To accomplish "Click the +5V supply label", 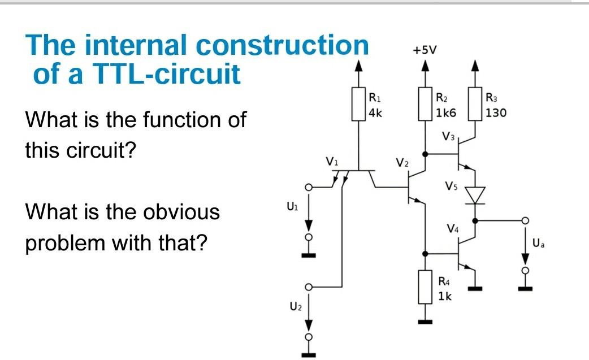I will pos(425,50).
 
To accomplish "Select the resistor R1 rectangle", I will pos(357,103).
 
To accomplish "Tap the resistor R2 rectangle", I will pos(425,103).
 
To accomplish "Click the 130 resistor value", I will pos(496,112).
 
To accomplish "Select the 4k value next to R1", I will pos(375,112).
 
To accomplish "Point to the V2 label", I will pos(401,163).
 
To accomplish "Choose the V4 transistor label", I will pos(452,229).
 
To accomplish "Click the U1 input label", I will pos(291,207).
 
